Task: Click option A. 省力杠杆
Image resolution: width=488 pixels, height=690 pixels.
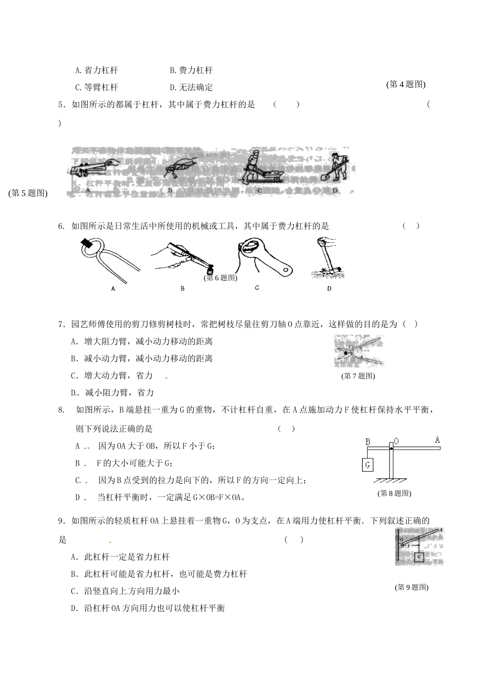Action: [x=96, y=70]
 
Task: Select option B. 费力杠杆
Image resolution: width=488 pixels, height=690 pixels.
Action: [x=191, y=70]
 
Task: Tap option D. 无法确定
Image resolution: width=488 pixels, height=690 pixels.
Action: [x=191, y=87]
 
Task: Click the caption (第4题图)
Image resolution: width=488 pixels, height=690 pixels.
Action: [x=406, y=85]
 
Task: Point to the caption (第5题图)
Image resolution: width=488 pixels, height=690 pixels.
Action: [x=28, y=193]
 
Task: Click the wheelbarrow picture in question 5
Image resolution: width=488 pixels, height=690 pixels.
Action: [x=260, y=169]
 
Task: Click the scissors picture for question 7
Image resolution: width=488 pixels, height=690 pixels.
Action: [x=359, y=351]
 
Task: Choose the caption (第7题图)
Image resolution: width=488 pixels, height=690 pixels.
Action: [x=358, y=376]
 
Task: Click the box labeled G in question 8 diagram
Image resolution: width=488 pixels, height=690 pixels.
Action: [x=367, y=465]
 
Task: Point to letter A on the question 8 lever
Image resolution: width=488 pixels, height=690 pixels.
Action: [x=437, y=440]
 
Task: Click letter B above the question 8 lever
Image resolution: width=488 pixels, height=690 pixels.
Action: [x=368, y=442]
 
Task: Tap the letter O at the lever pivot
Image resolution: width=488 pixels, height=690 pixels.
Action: [x=396, y=441]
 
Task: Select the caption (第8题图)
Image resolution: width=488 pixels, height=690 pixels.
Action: [x=394, y=493]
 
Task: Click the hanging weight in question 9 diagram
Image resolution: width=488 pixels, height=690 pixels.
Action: [x=419, y=557]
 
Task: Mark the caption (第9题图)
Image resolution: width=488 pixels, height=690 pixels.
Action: [x=411, y=587]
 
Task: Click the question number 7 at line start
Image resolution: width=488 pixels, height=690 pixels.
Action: [x=61, y=324]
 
